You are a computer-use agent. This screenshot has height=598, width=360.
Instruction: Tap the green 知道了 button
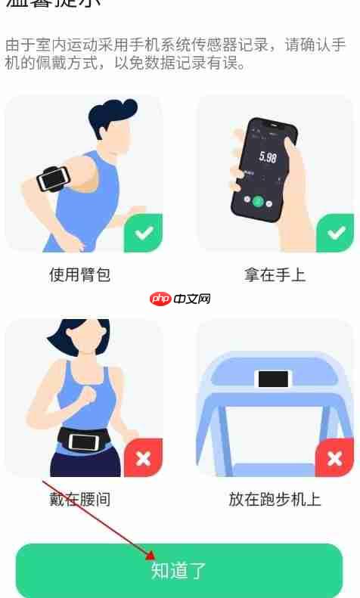(x=179, y=570)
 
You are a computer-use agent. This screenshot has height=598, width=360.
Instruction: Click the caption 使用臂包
(x=80, y=275)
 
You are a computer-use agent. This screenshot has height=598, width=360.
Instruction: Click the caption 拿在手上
(x=275, y=275)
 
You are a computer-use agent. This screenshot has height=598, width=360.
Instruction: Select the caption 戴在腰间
(x=80, y=499)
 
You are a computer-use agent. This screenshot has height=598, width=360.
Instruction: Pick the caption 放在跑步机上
(x=275, y=499)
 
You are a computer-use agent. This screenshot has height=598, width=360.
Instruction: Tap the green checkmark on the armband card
(x=144, y=234)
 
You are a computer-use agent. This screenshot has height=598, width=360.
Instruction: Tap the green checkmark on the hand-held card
(x=334, y=234)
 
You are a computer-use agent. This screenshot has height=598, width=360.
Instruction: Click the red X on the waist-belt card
(x=144, y=457)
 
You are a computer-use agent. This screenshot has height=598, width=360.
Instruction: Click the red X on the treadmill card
(x=334, y=457)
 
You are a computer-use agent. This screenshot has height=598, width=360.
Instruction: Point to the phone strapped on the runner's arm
(x=53, y=179)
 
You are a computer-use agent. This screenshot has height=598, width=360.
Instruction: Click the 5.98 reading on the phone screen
(x=267, y=157)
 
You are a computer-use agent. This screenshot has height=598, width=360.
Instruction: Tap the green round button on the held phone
(x=258, y=201)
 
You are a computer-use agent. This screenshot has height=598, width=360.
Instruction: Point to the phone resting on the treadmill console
(x=273, y=379)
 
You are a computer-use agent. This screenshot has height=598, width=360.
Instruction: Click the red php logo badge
(x=160, y=299)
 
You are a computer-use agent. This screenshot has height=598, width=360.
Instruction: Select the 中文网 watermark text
(x=192, y=299)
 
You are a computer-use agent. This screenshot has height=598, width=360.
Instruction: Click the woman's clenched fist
(x=89, y=395)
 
